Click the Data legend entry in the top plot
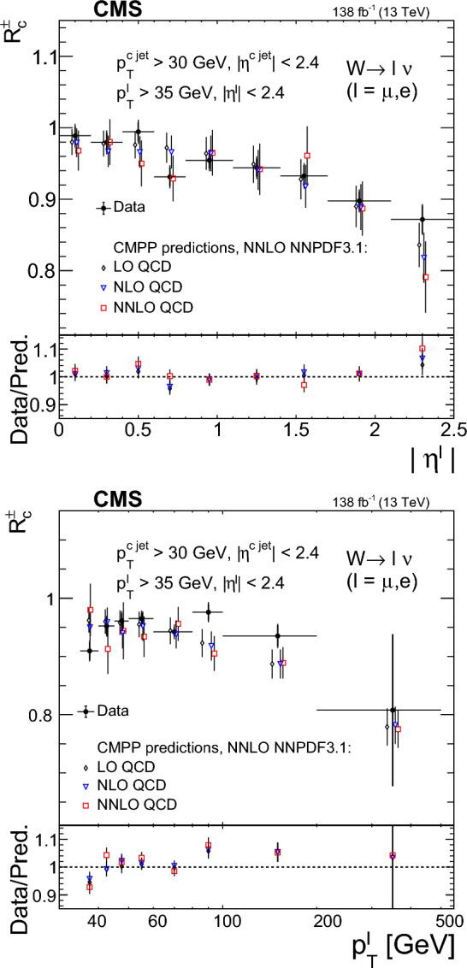click(121, 207)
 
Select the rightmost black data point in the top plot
click(422, 220)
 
